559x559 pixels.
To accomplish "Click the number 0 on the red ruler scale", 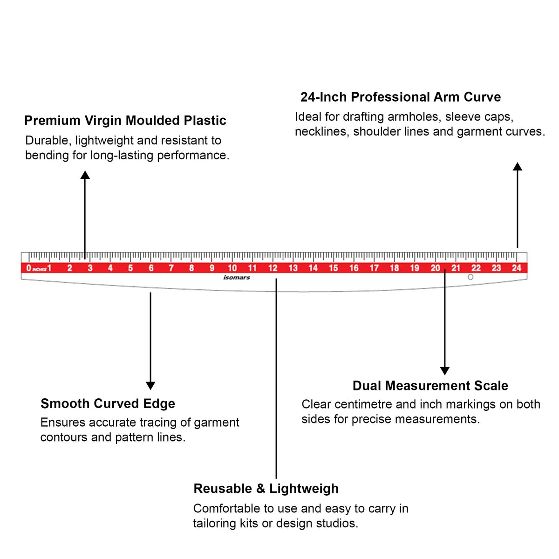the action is point(28,268).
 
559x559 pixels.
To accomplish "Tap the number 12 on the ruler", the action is point(273,268).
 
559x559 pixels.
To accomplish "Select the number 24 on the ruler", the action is point(516,268).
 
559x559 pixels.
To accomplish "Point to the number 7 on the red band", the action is point(171,268).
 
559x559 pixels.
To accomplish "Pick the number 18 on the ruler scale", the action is point(395,268).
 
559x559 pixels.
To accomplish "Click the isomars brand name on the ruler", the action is point(237,278).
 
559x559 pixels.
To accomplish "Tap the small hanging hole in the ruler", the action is point(470,277).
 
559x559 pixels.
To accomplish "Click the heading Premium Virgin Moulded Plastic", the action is point(125,121).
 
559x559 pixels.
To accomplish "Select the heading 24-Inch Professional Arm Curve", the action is point(401,97).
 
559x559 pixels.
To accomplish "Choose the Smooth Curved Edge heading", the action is point(108,403).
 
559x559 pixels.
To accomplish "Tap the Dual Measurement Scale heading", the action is point(430,386).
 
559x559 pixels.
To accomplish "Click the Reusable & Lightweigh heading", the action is point(266,489).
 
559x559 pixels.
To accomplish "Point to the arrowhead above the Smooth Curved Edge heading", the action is point(150,386).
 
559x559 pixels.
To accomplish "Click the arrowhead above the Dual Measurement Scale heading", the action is point(445,371).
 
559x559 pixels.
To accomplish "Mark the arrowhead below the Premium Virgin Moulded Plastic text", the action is point(85,175).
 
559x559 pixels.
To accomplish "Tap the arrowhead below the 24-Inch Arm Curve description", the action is point(518,166).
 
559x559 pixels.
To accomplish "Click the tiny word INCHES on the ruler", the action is point(40,270).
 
